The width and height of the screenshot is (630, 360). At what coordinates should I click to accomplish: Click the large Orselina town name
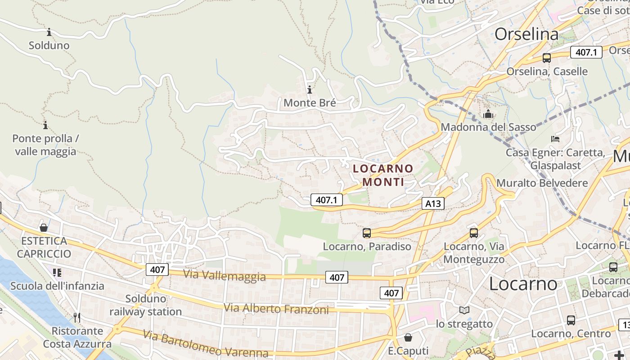point(526,34)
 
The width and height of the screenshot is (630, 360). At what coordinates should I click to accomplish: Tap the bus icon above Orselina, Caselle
point(547,58)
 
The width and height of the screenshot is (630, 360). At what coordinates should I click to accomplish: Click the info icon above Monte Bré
point(310,90)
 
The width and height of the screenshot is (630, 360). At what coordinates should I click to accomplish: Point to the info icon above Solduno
point(49,32)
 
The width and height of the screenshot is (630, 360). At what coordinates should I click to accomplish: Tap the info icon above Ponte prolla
point(45,125)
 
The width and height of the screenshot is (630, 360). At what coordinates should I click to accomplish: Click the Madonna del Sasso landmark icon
point(488,114)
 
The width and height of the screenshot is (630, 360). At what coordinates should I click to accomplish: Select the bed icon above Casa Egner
point(555,139)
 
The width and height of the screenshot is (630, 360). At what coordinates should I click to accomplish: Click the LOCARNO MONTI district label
point(383,175)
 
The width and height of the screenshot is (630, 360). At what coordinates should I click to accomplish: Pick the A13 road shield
point(433,204)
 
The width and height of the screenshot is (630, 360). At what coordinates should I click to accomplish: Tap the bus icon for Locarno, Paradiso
point(367,233)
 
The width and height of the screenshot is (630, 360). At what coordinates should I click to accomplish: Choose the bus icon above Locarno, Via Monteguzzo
point(474,233)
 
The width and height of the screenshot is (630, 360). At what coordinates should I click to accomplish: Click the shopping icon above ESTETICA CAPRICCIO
point(44,228)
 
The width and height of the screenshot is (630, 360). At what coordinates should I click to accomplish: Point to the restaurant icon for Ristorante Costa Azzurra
point(77,318)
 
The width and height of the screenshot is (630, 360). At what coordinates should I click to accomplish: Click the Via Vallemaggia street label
point(225,275)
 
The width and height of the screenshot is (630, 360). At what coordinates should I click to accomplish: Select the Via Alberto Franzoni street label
point(276,309)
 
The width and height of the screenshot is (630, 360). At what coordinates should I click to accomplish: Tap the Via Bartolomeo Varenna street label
point(206,344)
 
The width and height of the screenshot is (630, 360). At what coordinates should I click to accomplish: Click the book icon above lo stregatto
point(464,310)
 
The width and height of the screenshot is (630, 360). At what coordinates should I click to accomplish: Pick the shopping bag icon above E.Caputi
point(408,337)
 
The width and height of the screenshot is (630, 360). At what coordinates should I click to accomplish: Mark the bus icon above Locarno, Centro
point(571,320)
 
